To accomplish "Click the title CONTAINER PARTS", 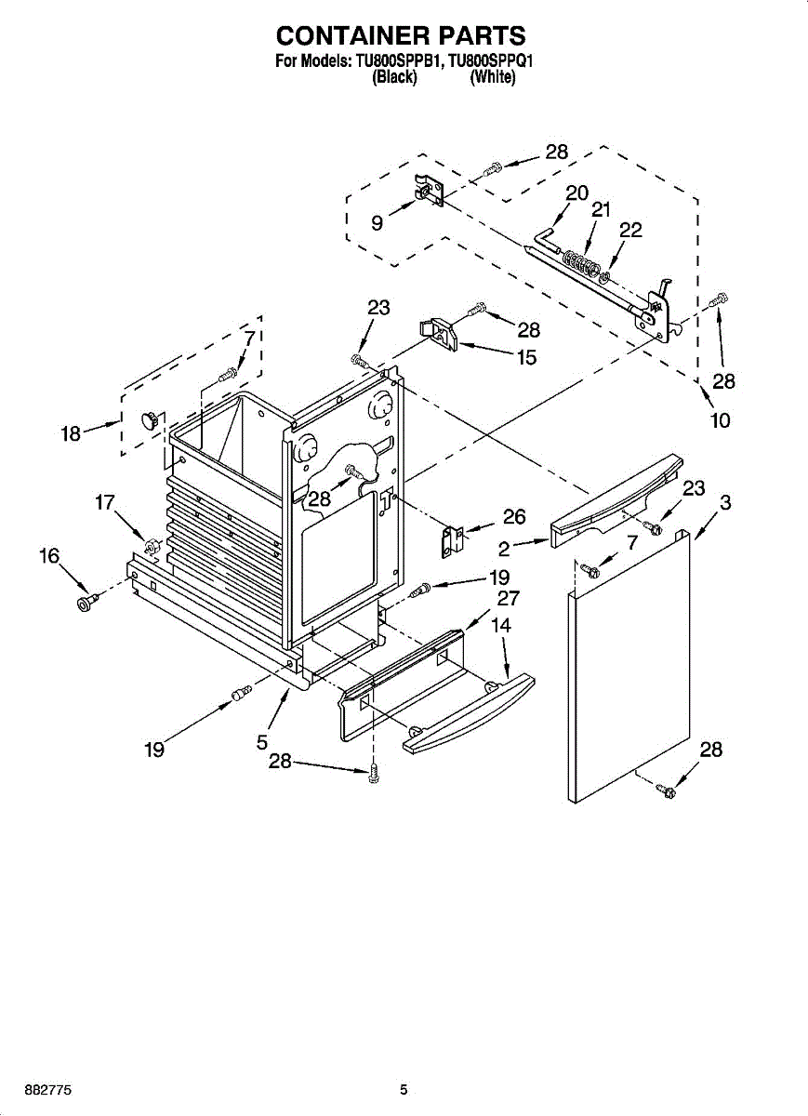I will coord(401,35).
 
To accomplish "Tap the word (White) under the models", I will coord(492,78).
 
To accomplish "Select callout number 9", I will coord(377,222).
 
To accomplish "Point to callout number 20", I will coord(576,193).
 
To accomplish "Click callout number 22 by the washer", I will coord(630,231).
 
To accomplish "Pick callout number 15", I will coord(526,356).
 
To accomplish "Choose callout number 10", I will coord(720,420).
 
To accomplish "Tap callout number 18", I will coord(71,432).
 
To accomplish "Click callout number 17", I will coord(104,503).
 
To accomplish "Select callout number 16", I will coord(48,556).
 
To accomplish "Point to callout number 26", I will coord(514,516).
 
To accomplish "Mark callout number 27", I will coord(508,598).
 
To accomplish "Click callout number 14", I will coord(500,626).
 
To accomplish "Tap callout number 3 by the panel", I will coord(724,503).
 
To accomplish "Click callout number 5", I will coord(263,742).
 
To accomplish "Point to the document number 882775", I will coord(48,1090).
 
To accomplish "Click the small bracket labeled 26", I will coord(452,541).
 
